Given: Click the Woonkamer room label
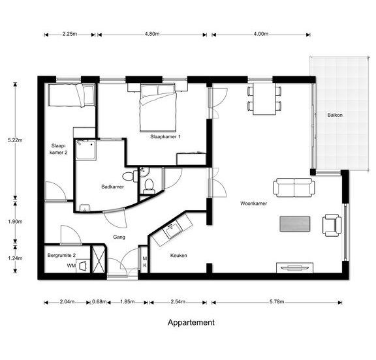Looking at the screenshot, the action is pos(253,203).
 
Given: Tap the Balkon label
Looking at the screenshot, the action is pos(335,115).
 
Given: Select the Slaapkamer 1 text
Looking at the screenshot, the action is pos(165,137).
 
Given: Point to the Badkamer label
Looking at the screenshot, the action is pos(112,187).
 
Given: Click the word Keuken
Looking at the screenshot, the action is pos(179,256).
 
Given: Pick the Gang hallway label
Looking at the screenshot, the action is pos(119,237).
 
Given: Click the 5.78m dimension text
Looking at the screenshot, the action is pos(277,301).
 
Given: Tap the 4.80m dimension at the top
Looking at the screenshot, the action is pos(152,34).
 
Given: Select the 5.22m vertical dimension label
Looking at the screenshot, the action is pos(15,140).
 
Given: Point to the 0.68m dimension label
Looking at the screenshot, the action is pos(99,301).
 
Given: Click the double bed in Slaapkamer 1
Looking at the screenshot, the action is pos(158,108).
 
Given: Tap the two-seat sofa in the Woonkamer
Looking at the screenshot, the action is pos(294,188).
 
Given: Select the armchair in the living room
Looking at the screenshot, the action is pos(332,225).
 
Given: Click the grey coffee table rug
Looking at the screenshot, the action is pos(295,224).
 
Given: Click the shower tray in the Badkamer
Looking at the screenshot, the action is pos(86,150).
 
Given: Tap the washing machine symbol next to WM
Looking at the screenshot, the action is pos(83,266).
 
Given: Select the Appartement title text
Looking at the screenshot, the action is pos(191,323).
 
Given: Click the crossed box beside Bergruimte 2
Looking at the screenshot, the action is pos(99,259).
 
